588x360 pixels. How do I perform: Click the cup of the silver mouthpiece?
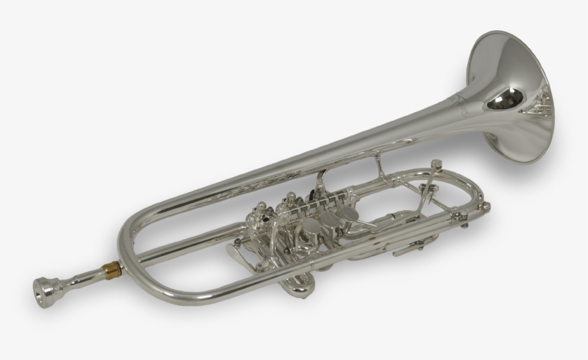coord(44,288)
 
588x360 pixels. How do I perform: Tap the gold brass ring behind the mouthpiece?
coord(111,270)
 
